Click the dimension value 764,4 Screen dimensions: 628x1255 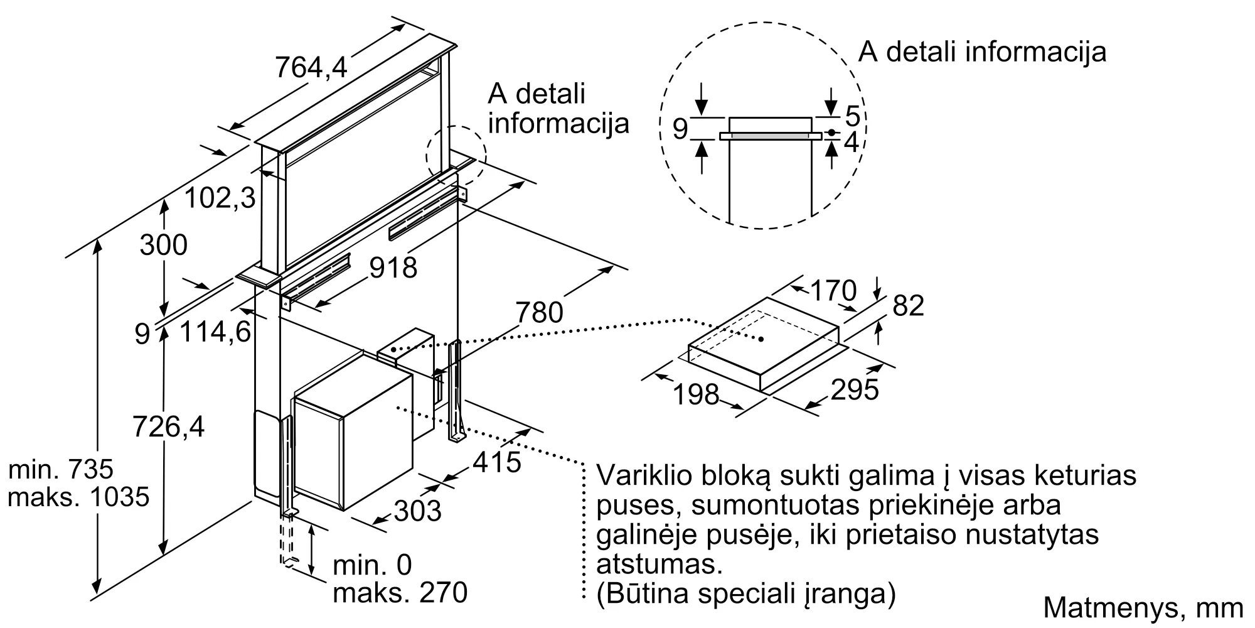click(311, 67)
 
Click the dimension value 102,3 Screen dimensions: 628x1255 click(220, 198)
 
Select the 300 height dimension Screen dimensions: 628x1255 click(163, 245)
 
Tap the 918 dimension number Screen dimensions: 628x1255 click(393, 268)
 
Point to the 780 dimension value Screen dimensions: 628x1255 click(539, 312)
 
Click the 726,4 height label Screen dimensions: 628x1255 click(168, 428)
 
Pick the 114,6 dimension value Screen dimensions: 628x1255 click(215, 331)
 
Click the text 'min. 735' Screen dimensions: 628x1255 click(61, 469)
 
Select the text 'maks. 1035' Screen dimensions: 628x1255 click(78, 497)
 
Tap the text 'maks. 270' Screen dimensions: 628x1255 click(400, 592)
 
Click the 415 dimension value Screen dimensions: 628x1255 click(497, 463)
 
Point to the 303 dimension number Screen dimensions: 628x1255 click(417, 511)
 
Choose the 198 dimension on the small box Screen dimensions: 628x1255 click(695, 394)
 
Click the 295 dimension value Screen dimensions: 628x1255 click(854, 390)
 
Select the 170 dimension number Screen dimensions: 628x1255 click(833, 291)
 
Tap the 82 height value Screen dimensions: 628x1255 click(908, 306)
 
